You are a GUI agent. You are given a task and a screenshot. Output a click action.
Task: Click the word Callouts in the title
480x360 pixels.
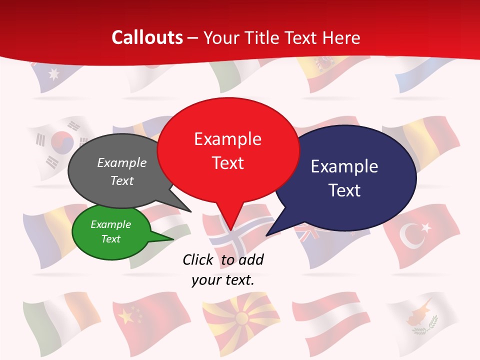(147, 37)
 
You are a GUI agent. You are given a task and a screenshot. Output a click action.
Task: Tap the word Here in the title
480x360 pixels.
(340, 37)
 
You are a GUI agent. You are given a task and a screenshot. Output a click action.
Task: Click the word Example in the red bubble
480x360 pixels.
(227, 138)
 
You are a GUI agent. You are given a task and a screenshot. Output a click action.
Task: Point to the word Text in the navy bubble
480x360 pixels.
(344, 190)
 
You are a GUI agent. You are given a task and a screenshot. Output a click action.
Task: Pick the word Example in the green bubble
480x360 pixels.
(110, 224)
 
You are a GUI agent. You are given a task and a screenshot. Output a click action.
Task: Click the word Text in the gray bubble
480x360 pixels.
(122, 180)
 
